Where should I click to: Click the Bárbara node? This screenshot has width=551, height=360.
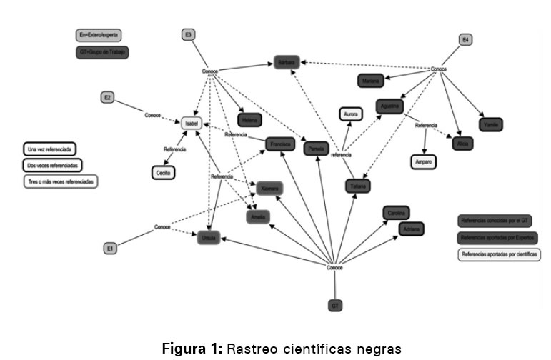pos(287,63)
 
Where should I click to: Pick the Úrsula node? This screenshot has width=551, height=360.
pos(208,238)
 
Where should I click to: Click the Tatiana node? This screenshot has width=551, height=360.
pos(357,186)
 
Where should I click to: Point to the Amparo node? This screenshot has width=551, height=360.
pos(424,162)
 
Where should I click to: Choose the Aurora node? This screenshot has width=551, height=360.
pos(351,114)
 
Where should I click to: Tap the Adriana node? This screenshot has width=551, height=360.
pos(411,229)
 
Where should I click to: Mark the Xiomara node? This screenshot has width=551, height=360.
pos(269,188)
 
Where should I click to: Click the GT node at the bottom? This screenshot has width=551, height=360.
pos(334,306)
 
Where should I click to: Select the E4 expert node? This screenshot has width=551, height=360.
pos(466,40)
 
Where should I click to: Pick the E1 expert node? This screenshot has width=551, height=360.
pos(110,249)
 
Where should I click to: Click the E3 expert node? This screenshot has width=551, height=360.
pos(188,34)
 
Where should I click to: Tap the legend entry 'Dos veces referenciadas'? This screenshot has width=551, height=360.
pos(52,165)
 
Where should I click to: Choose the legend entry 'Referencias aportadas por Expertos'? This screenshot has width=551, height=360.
pos(498,237)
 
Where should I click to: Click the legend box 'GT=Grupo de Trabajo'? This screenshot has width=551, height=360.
pos(102,52)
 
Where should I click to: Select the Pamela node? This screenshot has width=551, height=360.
pos(315,149)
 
